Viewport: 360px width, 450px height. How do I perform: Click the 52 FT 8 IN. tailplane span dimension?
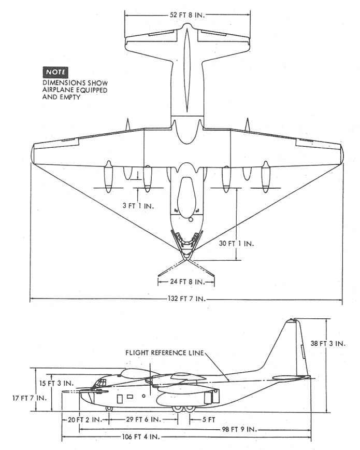[188, 15]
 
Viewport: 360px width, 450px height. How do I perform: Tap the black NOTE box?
[55, 72]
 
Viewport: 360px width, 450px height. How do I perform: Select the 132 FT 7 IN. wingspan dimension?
[187, 299]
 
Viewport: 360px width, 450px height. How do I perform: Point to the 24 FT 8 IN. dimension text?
[187, 282]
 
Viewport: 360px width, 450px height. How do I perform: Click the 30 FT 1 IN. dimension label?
[236, 244]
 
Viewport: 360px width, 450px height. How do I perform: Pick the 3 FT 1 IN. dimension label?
[138, 206]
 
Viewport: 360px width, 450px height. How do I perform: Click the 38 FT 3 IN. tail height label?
[328, 344]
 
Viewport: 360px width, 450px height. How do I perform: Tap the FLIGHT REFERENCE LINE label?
[165, 353]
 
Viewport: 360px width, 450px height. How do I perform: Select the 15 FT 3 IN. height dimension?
[56, 383]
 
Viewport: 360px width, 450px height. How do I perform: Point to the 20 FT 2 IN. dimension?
[85, 419]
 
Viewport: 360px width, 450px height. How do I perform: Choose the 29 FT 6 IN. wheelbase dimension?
[143, 419]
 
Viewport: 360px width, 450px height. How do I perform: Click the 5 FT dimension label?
[209, 419]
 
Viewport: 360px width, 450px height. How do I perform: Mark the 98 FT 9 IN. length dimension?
[239, 430]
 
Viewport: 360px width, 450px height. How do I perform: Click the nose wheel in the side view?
[109, 409]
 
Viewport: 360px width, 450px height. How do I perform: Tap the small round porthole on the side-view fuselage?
[143, 396]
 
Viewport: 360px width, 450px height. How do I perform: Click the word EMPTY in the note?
[70, 97]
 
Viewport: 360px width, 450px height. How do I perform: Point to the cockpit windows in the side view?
[99, 382]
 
